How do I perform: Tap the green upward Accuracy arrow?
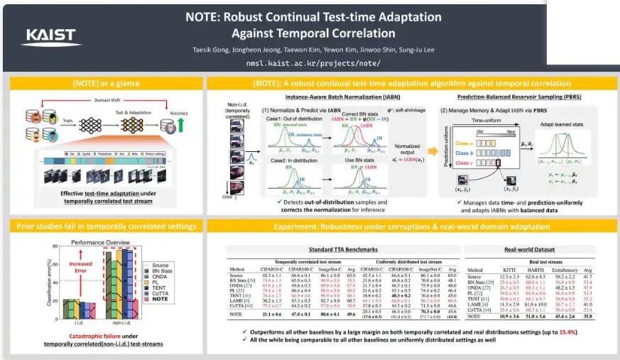183,126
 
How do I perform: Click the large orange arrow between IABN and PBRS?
432,151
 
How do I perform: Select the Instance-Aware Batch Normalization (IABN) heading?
321,97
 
